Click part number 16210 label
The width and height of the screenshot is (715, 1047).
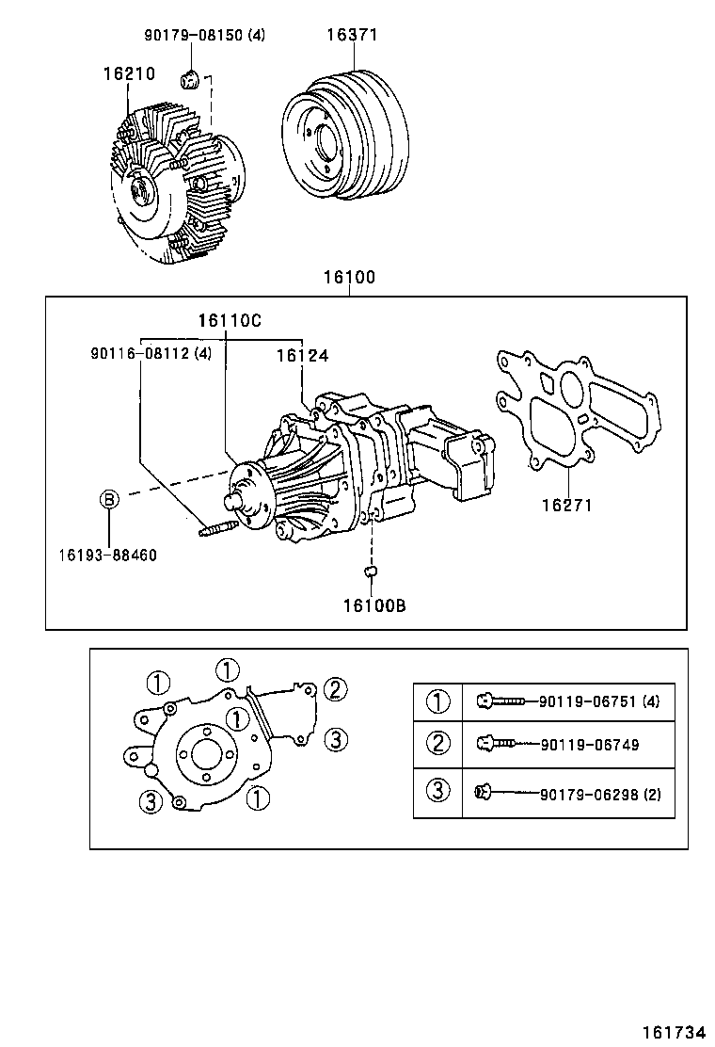(129, 73)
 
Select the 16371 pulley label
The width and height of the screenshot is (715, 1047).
(352, 35)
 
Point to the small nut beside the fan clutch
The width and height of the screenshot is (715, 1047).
(188, 77)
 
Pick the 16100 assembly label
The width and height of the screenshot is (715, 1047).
(349, 278)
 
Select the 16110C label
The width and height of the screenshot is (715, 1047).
(229, 320)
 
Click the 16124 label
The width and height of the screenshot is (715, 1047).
(302, 356)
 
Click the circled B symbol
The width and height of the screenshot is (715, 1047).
(110, 499)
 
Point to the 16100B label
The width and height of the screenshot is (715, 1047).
(373, 605)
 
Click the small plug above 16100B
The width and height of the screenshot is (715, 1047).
(371, 571)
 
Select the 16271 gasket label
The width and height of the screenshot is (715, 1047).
(566, 505)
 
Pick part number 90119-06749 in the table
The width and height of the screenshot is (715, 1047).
(590, 745)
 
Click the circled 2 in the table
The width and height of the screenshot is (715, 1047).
(438, 744)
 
